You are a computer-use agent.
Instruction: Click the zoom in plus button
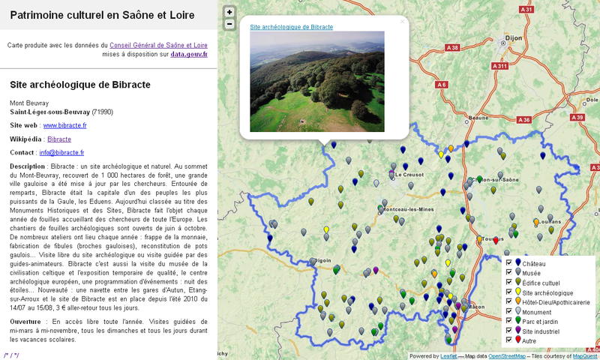pos(229,12)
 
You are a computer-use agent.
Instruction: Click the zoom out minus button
pos(229,24)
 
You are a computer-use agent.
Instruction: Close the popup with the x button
pos(402,22)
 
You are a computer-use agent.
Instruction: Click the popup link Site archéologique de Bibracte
pos(291,27)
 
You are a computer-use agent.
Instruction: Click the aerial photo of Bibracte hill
pos(316,81)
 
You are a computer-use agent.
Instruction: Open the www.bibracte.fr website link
pos(65,125)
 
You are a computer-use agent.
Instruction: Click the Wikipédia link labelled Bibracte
pos(59,139)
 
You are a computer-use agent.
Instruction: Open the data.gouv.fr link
pos(189,54)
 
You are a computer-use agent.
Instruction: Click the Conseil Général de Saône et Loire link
pos(158,45)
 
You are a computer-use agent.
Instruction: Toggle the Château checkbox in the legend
pos(509,263)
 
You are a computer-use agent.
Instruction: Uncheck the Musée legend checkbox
pos(509,273)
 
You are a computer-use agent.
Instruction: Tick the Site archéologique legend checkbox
pos(509,292)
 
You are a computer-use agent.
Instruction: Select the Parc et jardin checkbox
pos(509,321)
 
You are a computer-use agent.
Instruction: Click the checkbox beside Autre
pos(509,340)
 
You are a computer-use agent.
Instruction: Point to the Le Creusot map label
pos(409,174)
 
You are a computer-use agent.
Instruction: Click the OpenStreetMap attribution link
pos(507,356)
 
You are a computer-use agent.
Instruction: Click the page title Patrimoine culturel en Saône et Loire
pos(102,15)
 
